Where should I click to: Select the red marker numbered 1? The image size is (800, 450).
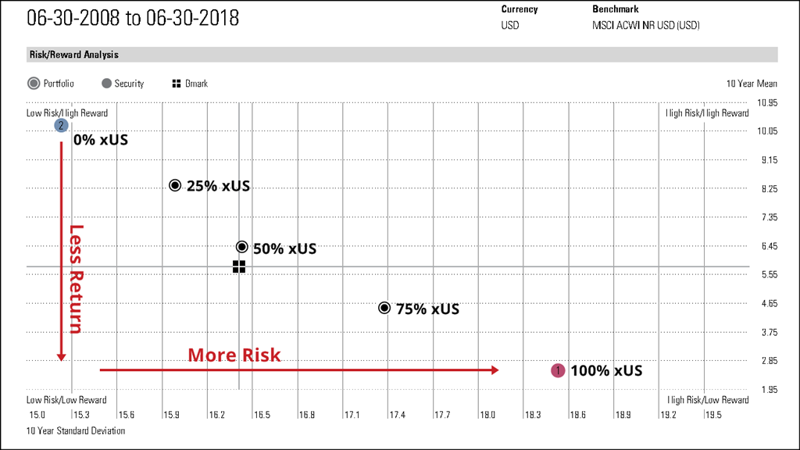[558, 370]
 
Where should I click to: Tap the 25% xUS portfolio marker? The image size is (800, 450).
[175, 185]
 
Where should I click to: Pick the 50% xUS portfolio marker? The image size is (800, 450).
[242, 247]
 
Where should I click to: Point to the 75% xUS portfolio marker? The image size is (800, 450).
[384, 308]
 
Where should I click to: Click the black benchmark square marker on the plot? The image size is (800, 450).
[239, 267]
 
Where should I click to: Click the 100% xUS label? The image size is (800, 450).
[606, 371]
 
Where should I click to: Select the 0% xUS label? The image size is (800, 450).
[101, 141]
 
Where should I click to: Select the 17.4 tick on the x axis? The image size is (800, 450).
[397, 415]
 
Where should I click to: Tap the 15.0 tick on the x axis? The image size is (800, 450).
[37, 415]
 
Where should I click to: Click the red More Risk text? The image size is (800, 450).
[234, 355]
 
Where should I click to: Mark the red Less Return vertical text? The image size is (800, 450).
[76, 279]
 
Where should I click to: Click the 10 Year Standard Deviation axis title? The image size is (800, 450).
[76, 430]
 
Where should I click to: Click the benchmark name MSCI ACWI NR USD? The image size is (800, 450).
[645, 25]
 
